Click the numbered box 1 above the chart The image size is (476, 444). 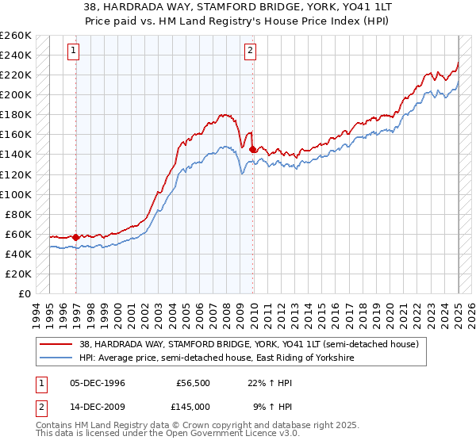point(73,51)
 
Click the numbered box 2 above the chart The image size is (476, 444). point(250,51)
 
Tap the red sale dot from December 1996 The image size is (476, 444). point(76,237)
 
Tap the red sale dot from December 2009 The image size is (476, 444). point(252,149)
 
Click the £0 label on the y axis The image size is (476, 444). point(25,293)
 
